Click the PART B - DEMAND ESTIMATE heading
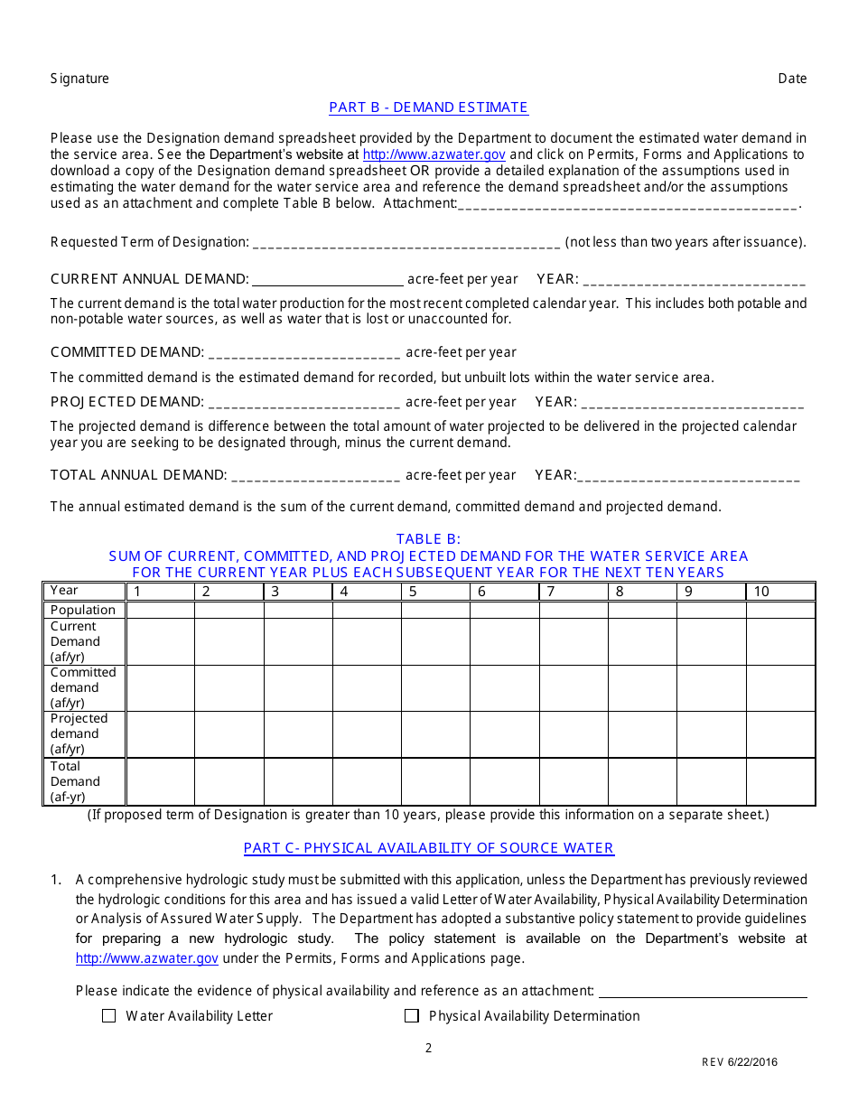[x=428, y=107]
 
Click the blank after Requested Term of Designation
[x=406, y=242]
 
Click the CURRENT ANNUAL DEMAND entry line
[x=328, y=279]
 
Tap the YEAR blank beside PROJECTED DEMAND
[x=692, y=402]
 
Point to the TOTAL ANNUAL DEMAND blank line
[x=316, y=475]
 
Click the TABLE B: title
[x=428, y=539]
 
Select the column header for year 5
[x=435, y=592]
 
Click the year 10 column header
[x=780, y=592]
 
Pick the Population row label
[x=83, y=610]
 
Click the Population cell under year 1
[x=160, y=610]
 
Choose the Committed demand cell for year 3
[x=298, y=687]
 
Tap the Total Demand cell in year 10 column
[x=780, y=781]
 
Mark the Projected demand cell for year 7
[x=574, y=733]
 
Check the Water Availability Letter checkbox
[x=109, y=1016]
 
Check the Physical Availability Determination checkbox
[x=412, y=1016]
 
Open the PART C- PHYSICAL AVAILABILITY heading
[x=428, y=848]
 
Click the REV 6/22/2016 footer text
[x=740, y=1062]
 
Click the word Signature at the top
[x=79, y=79]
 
